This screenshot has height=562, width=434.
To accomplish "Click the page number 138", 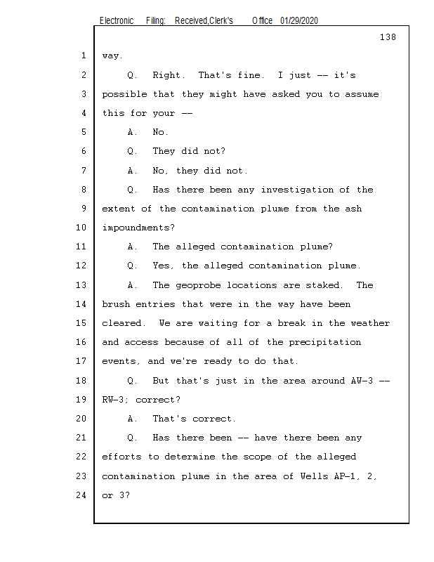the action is point(388,37).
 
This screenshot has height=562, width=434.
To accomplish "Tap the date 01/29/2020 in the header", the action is point(299,21).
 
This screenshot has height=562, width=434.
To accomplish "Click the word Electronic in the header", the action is point(117,21).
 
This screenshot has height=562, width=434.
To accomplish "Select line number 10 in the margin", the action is point(81,228).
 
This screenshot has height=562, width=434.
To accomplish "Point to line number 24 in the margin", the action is point(81,495).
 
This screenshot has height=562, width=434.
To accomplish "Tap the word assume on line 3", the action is point(362,94).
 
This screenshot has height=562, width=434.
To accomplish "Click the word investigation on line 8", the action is point(297,190).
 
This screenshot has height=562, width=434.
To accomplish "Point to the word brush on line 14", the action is point(116,304).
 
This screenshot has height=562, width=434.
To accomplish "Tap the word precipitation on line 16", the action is point(325,343).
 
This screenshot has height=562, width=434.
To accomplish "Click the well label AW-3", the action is point(362,381).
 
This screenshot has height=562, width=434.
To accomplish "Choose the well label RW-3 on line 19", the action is point(113,400).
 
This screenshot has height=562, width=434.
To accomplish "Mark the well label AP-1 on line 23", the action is point(346,476).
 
